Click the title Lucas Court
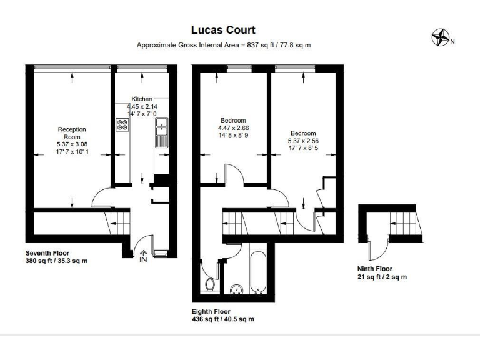(x=223, y=30)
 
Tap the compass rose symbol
(x=441, y=39)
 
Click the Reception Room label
(x=72, y=133)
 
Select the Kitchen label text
(x=142, y=99)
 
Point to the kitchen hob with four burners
(x=122, y=125)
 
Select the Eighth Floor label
(x=211, y=311)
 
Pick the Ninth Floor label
(x=375, y=269)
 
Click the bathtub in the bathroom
(x=257, y=272)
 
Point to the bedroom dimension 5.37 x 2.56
(x=303, y=141)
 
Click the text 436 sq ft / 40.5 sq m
(x=223, y=319)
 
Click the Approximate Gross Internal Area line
(x=224, y=45)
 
